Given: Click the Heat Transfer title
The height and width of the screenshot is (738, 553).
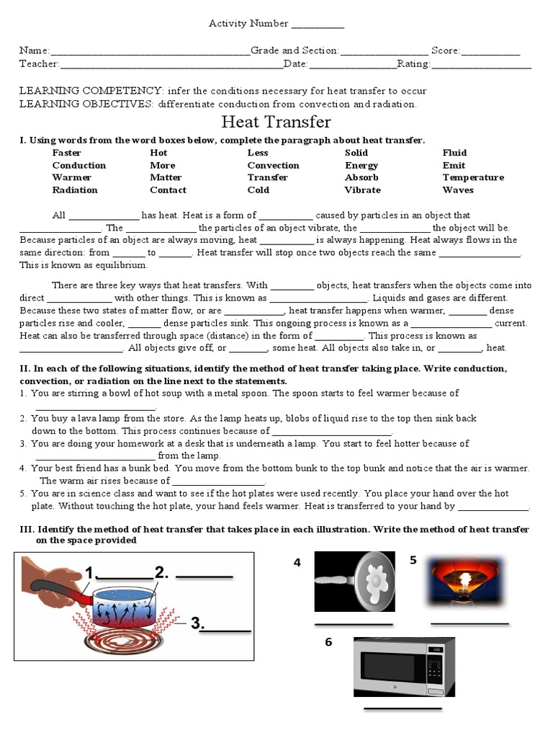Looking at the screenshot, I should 276,123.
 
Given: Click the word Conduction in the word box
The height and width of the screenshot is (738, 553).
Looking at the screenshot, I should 78,165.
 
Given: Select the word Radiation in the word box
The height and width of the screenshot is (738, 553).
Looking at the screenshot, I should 74,190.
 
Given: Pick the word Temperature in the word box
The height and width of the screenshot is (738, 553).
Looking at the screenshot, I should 472,177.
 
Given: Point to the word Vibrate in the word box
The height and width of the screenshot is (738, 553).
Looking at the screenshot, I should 362,190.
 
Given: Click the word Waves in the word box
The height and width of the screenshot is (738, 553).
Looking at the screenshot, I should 458,190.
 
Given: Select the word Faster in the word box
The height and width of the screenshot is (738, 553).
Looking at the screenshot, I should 66,153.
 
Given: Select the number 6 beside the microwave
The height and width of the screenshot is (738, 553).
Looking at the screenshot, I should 328,642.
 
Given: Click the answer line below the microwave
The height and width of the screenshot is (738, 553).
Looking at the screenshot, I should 403,709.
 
